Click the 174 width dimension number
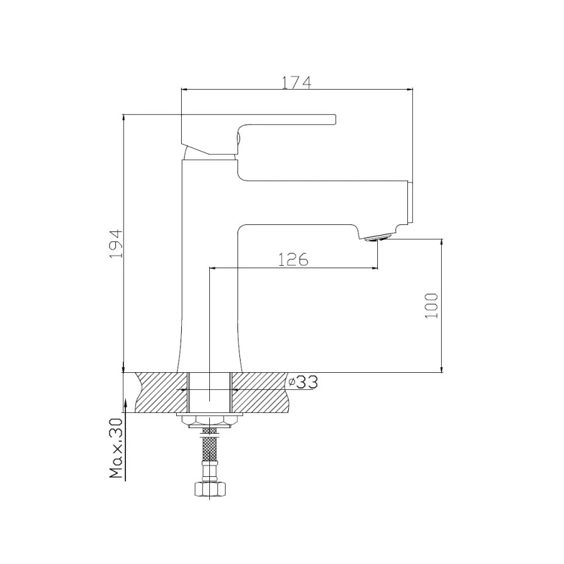296,81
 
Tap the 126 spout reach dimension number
293,259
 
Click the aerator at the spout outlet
379,237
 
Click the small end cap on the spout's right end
411,202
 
